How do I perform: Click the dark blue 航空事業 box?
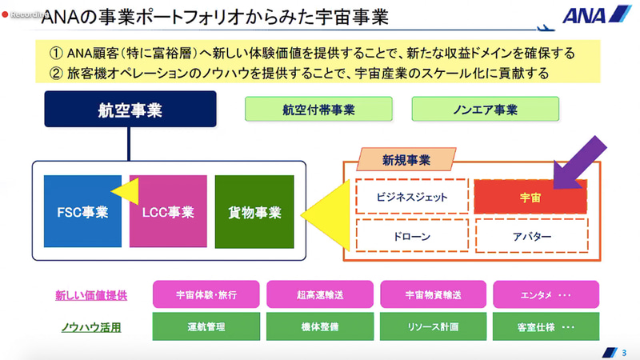point(130,110)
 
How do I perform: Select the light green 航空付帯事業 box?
point(318,110)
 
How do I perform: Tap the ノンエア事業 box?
point(485,110)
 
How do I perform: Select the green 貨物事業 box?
point(254,212)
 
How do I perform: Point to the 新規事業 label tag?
point(406,160)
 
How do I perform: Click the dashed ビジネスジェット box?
point(412,196)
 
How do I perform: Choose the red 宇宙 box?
point(530,196)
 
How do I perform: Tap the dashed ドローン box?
point(412,238)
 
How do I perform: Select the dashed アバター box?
point(530,238)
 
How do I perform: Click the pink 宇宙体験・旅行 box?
point(204,294)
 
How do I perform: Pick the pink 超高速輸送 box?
point(318,294)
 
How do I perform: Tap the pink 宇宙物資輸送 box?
point(432,294)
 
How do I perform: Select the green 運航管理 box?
point(204,326)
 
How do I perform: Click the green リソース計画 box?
point(432,326)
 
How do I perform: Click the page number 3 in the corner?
point(625,352)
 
